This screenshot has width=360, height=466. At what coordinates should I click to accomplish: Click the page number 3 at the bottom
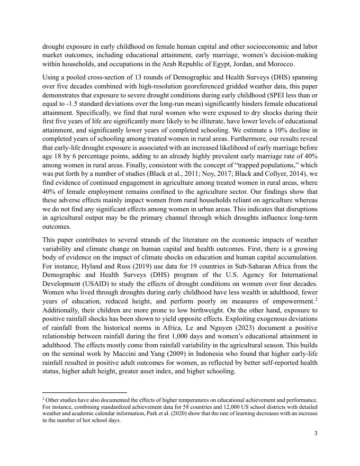(x=316, y=434)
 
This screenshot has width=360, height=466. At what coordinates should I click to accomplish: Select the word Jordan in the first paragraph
(x=233, y=64)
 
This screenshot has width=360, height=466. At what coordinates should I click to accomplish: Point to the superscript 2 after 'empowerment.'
(x=316, y=298)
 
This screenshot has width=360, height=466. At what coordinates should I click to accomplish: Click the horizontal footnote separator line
(x=85, y=393)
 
